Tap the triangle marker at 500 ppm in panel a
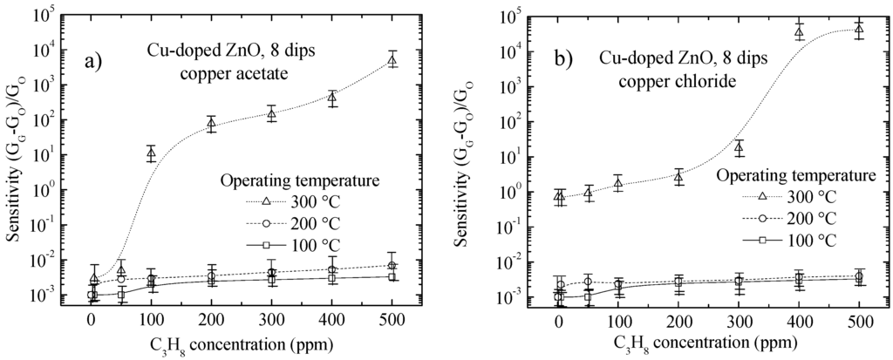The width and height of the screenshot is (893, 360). click(x=392, y=59)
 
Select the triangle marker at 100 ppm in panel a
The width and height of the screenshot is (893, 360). click(x=151, y=153)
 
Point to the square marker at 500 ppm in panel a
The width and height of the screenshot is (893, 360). click(x=392, y=277)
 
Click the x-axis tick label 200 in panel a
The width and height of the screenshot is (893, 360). click(x=211, y=320)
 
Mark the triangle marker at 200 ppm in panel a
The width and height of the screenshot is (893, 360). click(x=211, y=123)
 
